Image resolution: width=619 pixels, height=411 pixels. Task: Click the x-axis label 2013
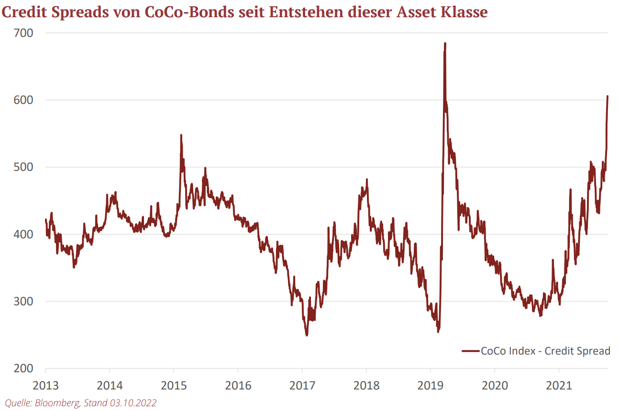[45, 385]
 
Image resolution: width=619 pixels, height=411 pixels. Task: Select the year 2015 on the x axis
[174, 385]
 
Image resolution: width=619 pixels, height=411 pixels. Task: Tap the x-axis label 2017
[302, 385]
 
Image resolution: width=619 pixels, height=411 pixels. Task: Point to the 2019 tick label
[430, 385]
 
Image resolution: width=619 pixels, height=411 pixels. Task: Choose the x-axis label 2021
[558, 385]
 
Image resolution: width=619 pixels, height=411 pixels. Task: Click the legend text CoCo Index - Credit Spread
[545, 351]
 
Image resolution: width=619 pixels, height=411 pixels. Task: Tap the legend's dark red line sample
[471, 351]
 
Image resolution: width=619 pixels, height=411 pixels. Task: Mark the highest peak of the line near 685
[445, 43]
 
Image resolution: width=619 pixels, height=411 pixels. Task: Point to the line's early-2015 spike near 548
[181, 135]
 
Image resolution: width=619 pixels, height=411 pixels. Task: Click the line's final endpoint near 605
[608, 96]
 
